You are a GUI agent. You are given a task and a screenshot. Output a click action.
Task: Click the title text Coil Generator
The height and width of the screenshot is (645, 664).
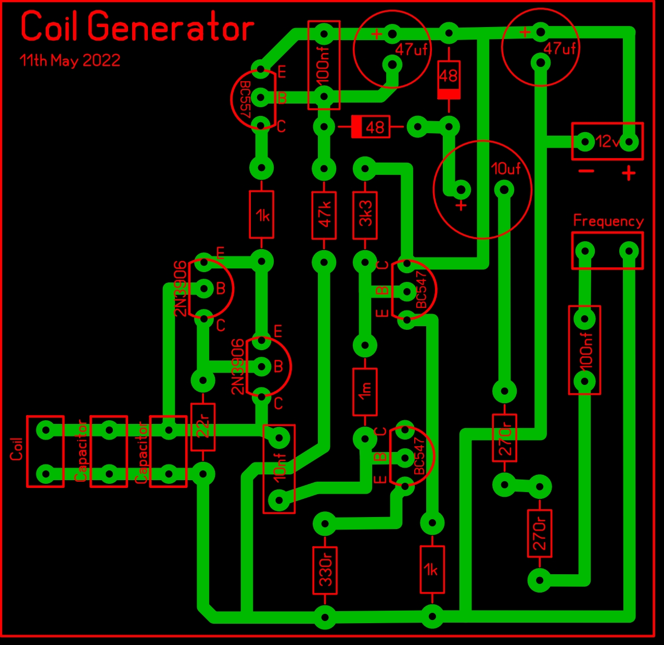(137, 26)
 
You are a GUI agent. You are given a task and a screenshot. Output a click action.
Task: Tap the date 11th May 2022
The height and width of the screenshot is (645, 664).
(70, 61)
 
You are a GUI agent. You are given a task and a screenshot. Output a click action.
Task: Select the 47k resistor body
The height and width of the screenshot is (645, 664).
(324, 215)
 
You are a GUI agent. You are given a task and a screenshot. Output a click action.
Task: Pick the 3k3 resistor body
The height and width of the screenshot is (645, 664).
(365, 215)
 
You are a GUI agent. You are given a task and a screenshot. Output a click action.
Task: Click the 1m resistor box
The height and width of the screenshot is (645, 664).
(365, 392)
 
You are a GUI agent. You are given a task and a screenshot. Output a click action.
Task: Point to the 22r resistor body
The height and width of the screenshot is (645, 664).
(202, 427)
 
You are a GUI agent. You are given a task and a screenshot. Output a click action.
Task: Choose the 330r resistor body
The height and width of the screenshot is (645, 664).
(325, 570)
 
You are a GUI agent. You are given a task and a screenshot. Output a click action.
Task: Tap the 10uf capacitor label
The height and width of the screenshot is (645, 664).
(505, 169)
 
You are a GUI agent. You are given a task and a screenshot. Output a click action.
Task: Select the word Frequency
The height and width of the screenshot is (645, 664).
(608, 222)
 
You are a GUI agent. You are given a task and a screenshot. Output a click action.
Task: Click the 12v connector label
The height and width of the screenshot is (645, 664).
(607, 141)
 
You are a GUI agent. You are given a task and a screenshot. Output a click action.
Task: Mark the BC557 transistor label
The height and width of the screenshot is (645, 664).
(245, 99)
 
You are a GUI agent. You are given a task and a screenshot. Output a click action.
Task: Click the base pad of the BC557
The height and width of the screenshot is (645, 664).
(261, 98)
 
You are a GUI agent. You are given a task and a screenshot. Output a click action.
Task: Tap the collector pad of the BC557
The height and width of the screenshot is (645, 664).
(261, 125)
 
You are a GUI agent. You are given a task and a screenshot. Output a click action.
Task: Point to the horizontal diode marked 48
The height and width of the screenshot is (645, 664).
(371, 127)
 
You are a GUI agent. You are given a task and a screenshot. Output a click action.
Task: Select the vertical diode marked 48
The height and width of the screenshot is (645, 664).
(449, 80)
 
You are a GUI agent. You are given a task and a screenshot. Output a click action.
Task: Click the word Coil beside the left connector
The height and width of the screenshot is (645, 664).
(16, 449)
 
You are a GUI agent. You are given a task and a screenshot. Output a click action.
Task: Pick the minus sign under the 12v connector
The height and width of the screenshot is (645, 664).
(586, 171)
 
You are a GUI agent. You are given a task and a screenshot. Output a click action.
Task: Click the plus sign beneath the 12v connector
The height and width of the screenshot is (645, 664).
(629, 173)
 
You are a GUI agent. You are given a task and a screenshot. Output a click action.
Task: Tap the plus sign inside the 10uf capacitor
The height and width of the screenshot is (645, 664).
(461, 205)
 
